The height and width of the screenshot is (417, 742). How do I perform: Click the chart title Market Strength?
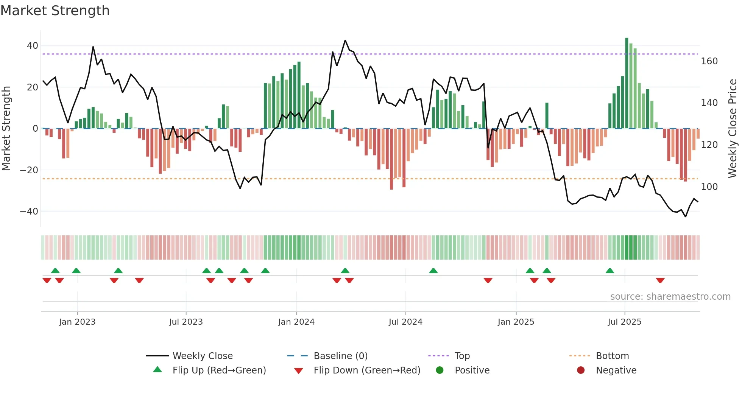[55, 11]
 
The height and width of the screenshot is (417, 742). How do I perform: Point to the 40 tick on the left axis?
[33, 46]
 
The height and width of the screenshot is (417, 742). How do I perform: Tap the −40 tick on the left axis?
[29, 212]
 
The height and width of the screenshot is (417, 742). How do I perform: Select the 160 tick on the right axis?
[709, 61]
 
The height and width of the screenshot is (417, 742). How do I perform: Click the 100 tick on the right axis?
[709, 187]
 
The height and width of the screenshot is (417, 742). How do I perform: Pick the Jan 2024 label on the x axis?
[296, 322]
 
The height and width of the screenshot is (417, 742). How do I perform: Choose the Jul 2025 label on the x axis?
[624, 322]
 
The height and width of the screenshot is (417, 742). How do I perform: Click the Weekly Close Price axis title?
[733, 129]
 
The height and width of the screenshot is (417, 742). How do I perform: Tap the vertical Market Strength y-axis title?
[6, 129]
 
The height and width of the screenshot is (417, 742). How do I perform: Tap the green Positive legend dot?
[440, 370]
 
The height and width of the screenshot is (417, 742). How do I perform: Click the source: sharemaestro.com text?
[670, 297]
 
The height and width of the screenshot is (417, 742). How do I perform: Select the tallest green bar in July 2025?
[627, 83]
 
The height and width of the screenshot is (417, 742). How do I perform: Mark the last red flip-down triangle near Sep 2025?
[660, 280]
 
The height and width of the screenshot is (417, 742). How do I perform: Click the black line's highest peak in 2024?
[345, 41]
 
